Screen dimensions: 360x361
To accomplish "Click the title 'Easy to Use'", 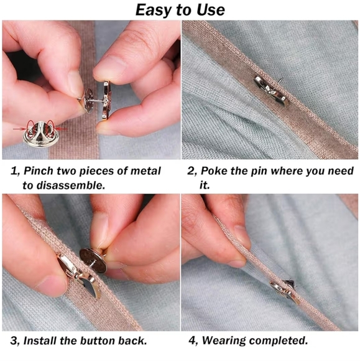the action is point(180,10).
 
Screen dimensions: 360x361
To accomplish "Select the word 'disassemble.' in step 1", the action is point(63,185).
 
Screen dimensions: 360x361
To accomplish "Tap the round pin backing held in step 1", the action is point(90,100).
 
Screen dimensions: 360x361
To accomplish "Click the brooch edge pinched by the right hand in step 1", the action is point(106,100).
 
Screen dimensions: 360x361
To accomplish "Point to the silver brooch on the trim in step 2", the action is point(271,91).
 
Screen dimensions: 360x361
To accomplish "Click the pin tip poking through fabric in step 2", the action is point(281,80).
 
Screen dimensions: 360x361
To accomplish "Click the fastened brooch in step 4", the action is point(284,290).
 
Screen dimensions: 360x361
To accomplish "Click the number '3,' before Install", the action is point(16,341).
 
